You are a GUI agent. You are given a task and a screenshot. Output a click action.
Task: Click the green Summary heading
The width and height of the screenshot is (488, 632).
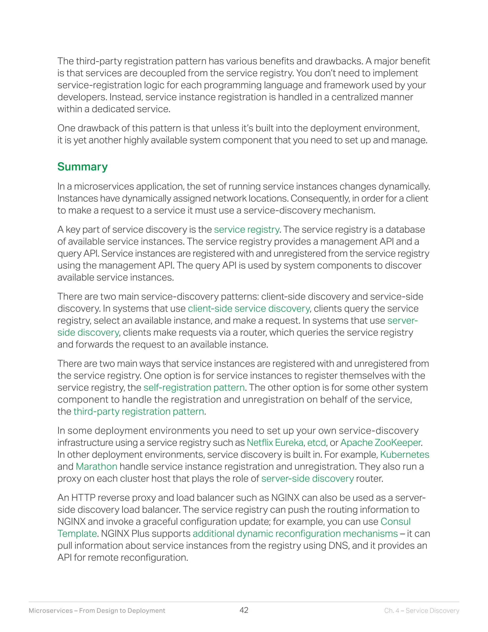[82, 167]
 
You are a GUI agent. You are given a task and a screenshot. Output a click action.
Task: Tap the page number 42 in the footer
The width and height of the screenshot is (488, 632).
[244, 610]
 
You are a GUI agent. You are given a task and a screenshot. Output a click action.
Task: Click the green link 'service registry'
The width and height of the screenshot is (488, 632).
[246, 229]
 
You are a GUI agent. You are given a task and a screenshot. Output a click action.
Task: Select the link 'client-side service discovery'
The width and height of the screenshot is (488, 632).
[249, 308]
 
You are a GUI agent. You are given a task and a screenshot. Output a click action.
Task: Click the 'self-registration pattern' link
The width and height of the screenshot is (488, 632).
[194, 388]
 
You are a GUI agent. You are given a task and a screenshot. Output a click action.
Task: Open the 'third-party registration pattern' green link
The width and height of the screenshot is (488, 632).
[139, 411]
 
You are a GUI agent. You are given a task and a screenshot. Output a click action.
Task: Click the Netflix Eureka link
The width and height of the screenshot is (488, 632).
[275, 443]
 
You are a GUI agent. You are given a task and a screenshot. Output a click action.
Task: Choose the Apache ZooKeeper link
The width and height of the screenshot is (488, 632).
[381, 443]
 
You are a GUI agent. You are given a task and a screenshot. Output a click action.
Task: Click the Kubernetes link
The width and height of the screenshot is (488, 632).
[404, 455]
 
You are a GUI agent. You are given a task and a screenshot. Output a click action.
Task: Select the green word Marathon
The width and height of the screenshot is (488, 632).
[96, 466]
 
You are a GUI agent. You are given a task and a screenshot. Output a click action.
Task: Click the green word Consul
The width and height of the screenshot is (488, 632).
[396, 521]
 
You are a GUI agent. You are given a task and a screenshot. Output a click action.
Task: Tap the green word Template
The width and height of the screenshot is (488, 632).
[77, 534]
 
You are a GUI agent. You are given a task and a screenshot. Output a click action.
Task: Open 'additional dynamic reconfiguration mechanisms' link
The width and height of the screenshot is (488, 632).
[295, 534]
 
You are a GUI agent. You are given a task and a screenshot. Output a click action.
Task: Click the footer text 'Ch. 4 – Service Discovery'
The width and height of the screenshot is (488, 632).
[422, 611]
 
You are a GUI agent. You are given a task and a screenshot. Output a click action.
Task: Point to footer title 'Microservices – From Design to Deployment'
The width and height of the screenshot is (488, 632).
[97, 611]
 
